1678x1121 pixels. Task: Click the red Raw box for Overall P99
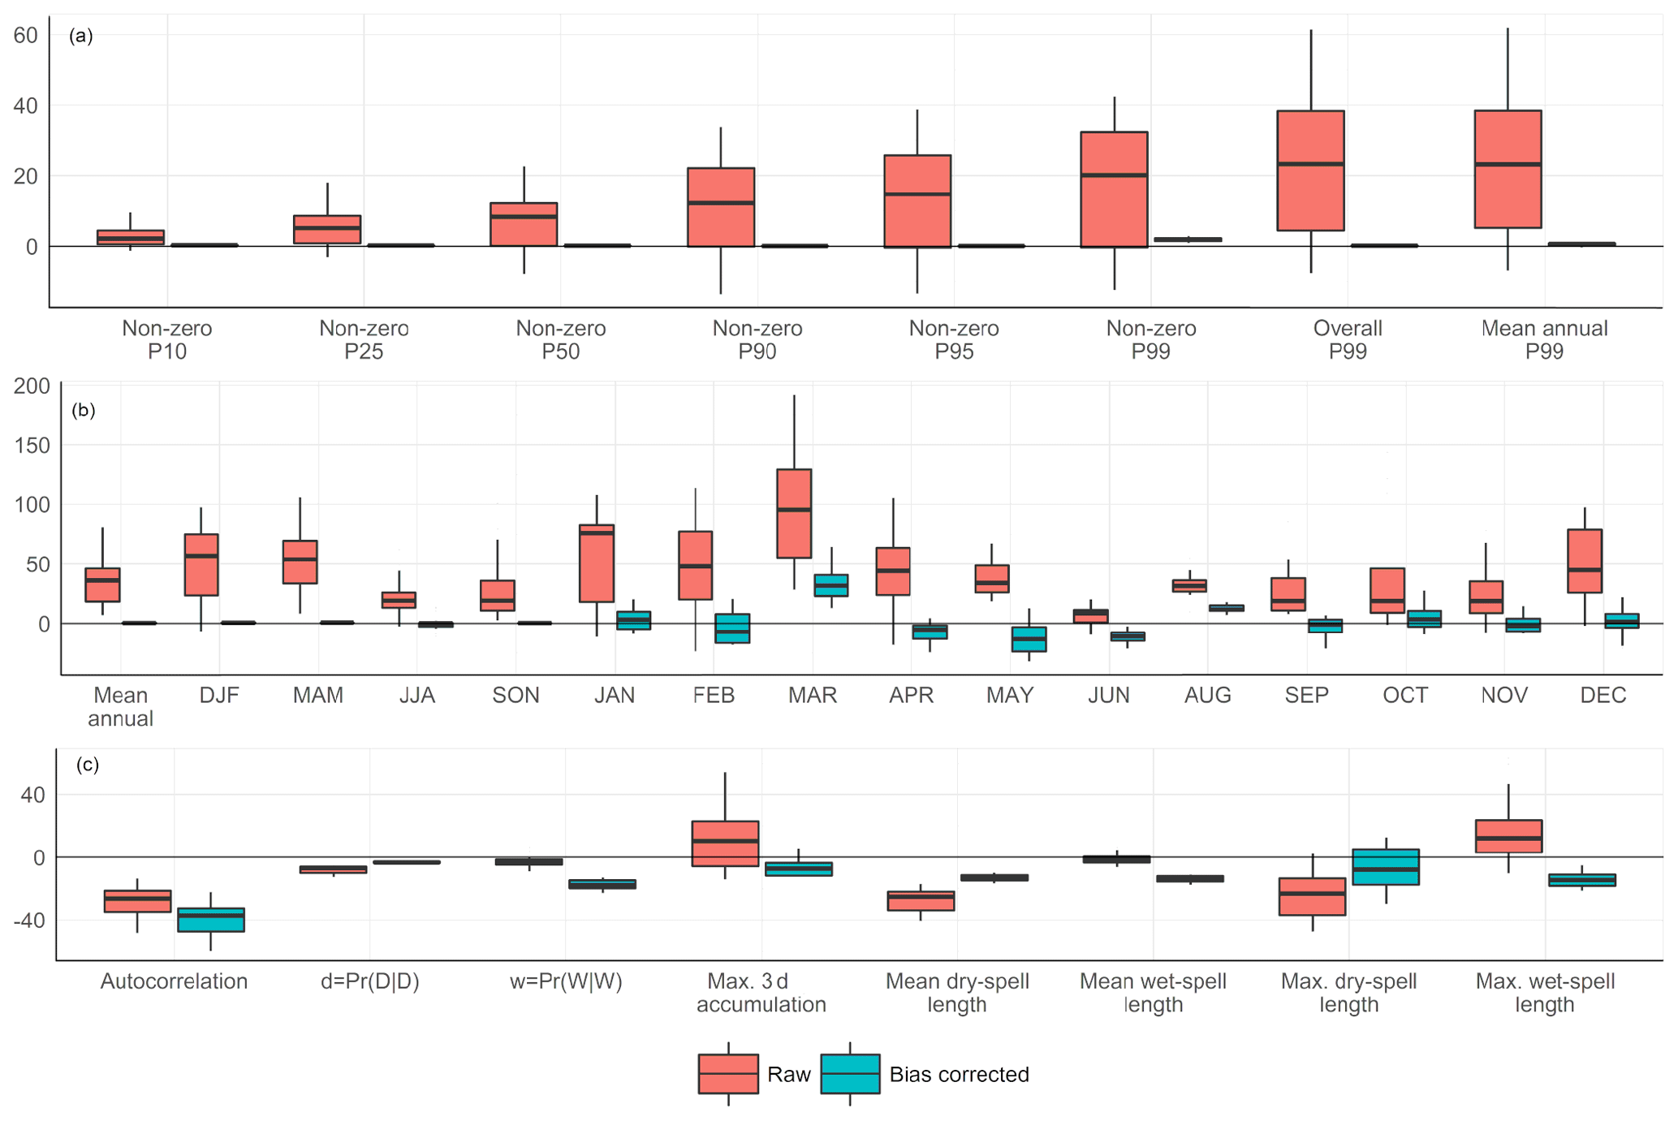(1310, 170)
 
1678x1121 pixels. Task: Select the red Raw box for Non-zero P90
(721, 207)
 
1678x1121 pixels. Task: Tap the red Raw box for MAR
(794, 513)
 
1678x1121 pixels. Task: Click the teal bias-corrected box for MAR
(830, 585)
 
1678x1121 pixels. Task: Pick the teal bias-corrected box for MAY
(1029, 639)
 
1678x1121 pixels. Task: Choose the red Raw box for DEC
(1584, 561)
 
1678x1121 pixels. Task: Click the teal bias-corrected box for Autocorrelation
(211, 920)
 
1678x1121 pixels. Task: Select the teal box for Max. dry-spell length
(1386, 867)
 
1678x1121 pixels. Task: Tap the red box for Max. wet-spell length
(1508, 836)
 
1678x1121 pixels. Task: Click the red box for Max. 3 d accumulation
(725, 843)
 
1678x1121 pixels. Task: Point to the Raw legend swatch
(728, 1074)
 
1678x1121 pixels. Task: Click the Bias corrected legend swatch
(850, 1074)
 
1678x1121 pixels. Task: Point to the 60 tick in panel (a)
(26, 36)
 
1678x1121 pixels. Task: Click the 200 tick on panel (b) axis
(32, 386)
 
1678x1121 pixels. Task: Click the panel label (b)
(84, 410)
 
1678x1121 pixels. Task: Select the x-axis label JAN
(615, 696)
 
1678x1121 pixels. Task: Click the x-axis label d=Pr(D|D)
(370, 981)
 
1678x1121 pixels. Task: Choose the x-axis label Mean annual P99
(1544, 339)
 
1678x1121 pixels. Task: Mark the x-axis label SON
(515, 696)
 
